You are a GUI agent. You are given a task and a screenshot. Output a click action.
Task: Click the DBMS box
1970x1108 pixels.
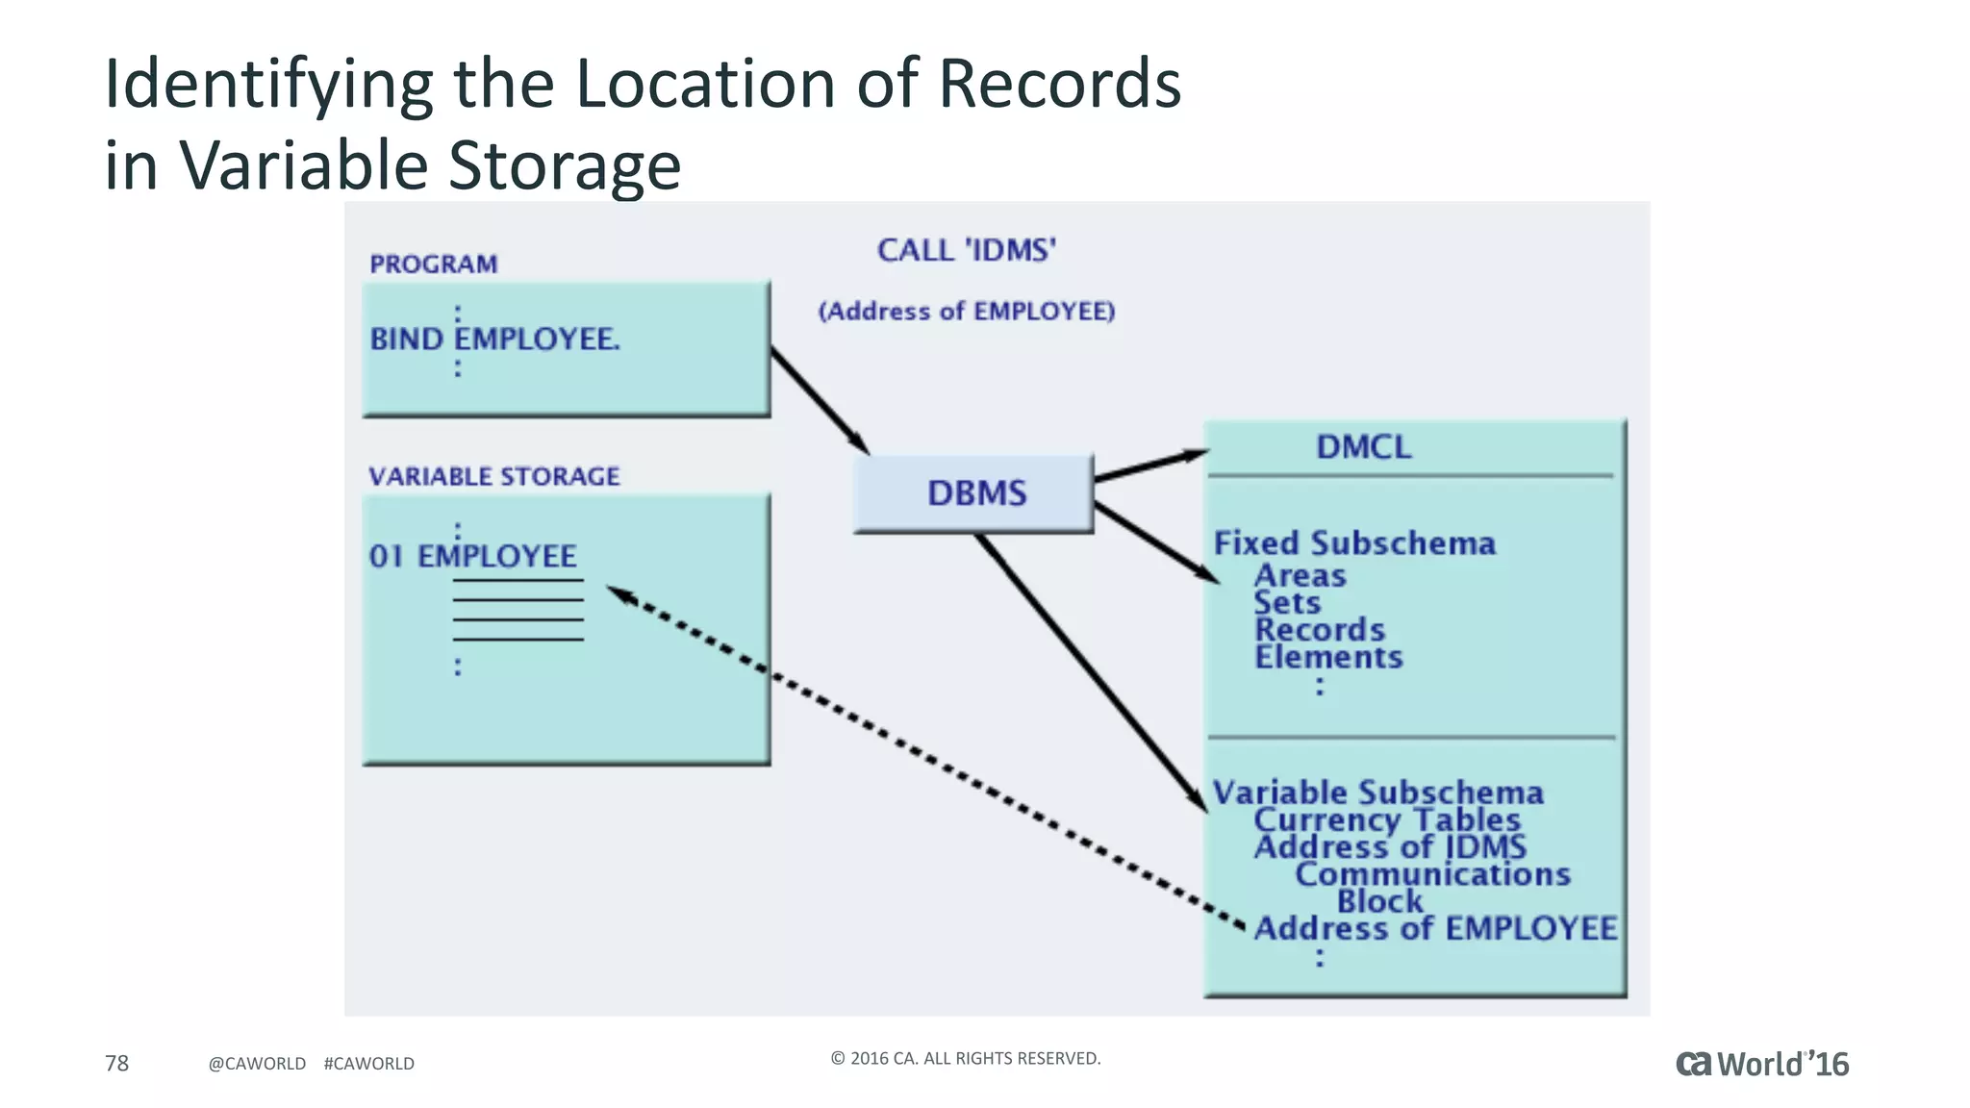point(973,493)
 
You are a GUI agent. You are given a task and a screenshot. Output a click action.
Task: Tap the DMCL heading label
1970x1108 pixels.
point(1363,447)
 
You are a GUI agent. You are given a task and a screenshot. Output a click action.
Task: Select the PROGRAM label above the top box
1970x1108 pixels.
point(433,264)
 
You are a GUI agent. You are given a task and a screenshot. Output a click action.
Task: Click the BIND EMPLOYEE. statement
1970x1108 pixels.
point(494,340)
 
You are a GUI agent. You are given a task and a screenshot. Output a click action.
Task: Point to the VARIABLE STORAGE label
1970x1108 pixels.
point(493,477)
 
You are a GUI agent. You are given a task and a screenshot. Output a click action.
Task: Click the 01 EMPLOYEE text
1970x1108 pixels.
point(472,556)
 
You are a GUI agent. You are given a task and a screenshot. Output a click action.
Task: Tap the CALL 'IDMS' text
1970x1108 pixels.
point(966,251)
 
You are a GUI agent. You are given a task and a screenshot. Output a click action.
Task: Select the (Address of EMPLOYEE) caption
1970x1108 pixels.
point(966,312)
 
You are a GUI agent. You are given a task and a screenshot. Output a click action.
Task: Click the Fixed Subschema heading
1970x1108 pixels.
point(1354,543)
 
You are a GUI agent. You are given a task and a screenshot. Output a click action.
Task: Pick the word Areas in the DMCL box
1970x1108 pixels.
point(1300,576)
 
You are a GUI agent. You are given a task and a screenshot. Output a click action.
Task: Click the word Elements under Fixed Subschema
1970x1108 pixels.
point(1328,658)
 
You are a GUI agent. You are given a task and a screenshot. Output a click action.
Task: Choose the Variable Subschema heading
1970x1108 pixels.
point(1377,793)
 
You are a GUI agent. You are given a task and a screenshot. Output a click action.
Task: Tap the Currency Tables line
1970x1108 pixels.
point(1386,819)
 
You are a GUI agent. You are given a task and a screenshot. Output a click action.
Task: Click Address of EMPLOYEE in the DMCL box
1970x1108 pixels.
point(1435,928)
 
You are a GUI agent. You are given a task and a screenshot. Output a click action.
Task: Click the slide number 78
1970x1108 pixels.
point(116,1063)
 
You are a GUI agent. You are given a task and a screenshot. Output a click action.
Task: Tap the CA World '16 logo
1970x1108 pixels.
point(1761,1064)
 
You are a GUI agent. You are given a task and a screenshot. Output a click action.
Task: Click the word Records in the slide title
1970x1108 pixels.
point(1059,84)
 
